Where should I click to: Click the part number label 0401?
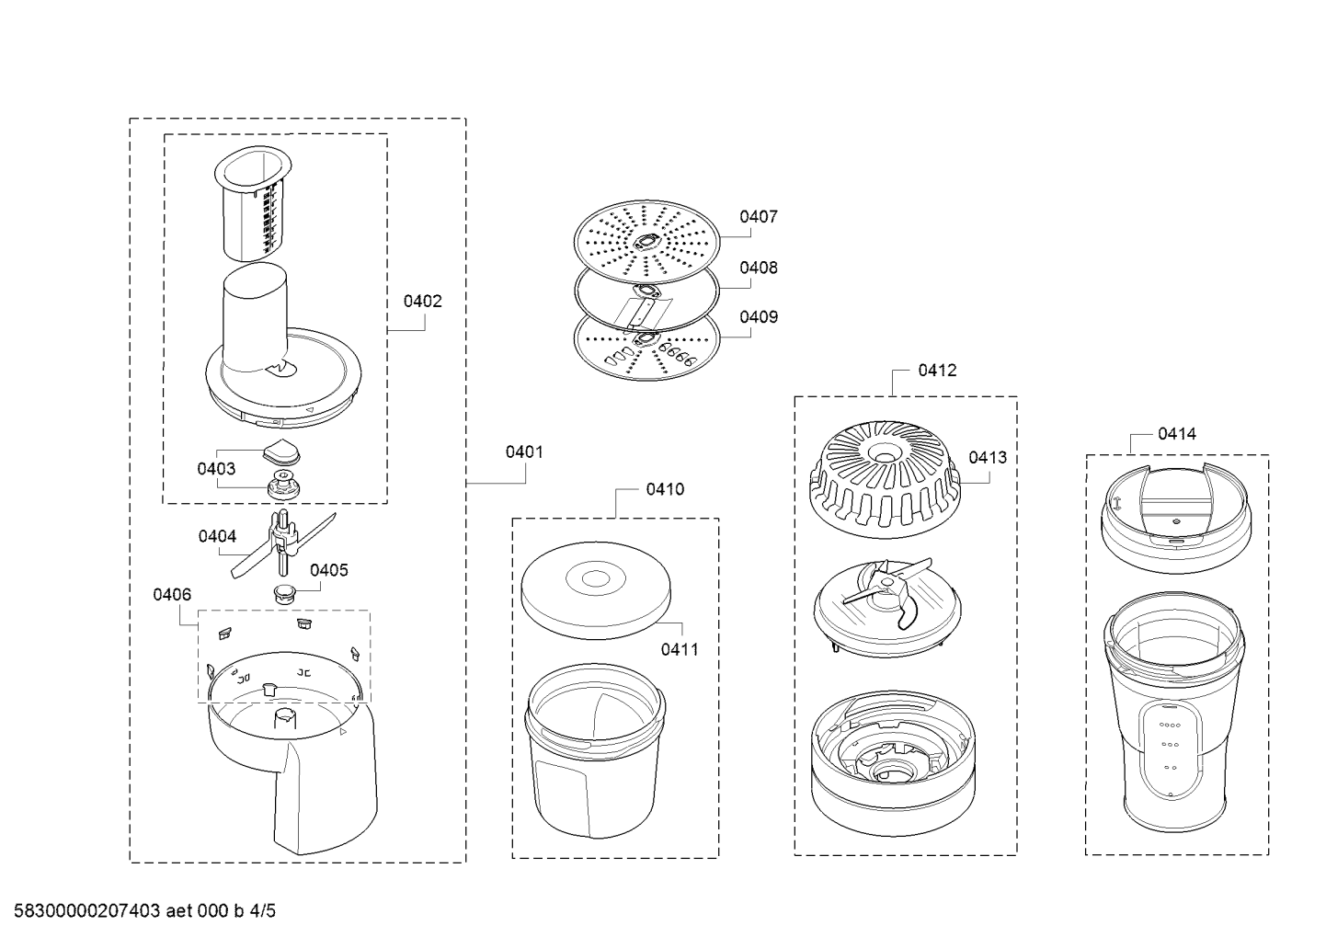tap(524, 452)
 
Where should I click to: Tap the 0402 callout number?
tap(423, 302)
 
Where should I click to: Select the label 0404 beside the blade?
tap(217, 536)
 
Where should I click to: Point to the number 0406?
tap(172, 594)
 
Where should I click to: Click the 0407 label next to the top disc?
tap(759, 217)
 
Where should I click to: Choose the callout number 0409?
tap(759, 317)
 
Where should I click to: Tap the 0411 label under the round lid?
tap(680, 649)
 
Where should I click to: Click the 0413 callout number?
tap(988, 458)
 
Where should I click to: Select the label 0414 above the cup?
tap(1177, 434)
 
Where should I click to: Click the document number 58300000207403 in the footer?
tap(87, 911)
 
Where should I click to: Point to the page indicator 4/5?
tap(262, 911)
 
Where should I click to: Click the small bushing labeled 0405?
tap(284, 593)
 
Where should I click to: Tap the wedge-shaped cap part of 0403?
tap(281, 451)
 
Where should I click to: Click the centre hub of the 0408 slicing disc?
tap(646, 291)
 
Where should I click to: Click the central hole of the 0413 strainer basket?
tap(884, 456)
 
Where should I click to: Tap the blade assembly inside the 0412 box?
tap(886, 608)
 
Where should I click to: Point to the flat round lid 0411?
tap(596, 590)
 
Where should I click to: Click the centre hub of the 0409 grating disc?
tap(646, 338)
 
